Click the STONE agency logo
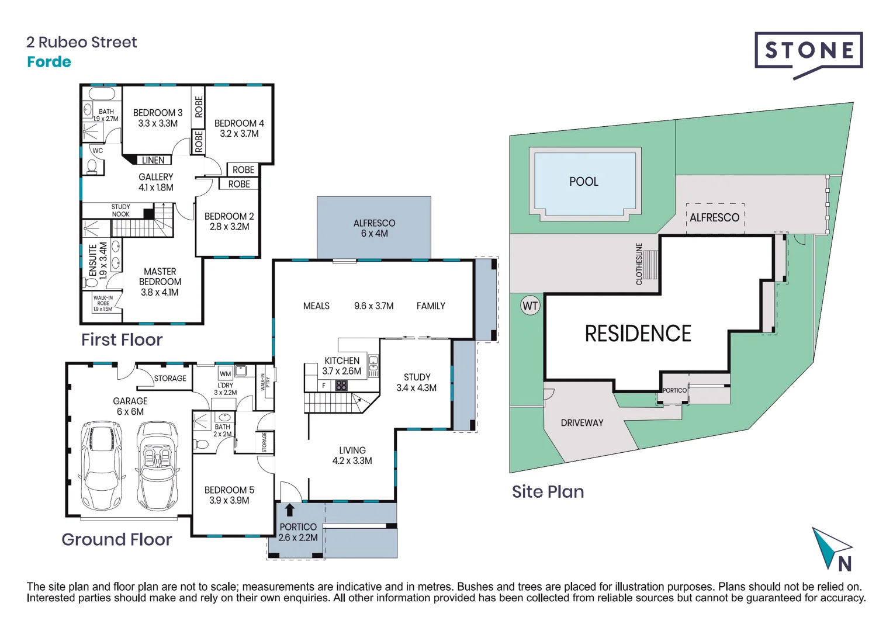[808, 51]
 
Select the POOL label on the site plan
[583, 182]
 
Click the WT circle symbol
[530, 306]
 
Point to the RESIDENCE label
[638, 334]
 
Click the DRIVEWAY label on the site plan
[582, 423]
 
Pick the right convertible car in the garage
[157, 466]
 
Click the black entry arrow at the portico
[289, 509]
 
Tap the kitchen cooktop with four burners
[341, 386]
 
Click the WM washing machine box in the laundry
[226, 373]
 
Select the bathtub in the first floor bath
[102, 94]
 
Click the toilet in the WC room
[92, 166]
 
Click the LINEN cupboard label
[153, 160]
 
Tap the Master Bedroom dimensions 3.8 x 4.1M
[160, 292]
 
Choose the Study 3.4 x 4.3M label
[416, 382]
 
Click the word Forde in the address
[49, 62]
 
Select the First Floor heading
[122, 339]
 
